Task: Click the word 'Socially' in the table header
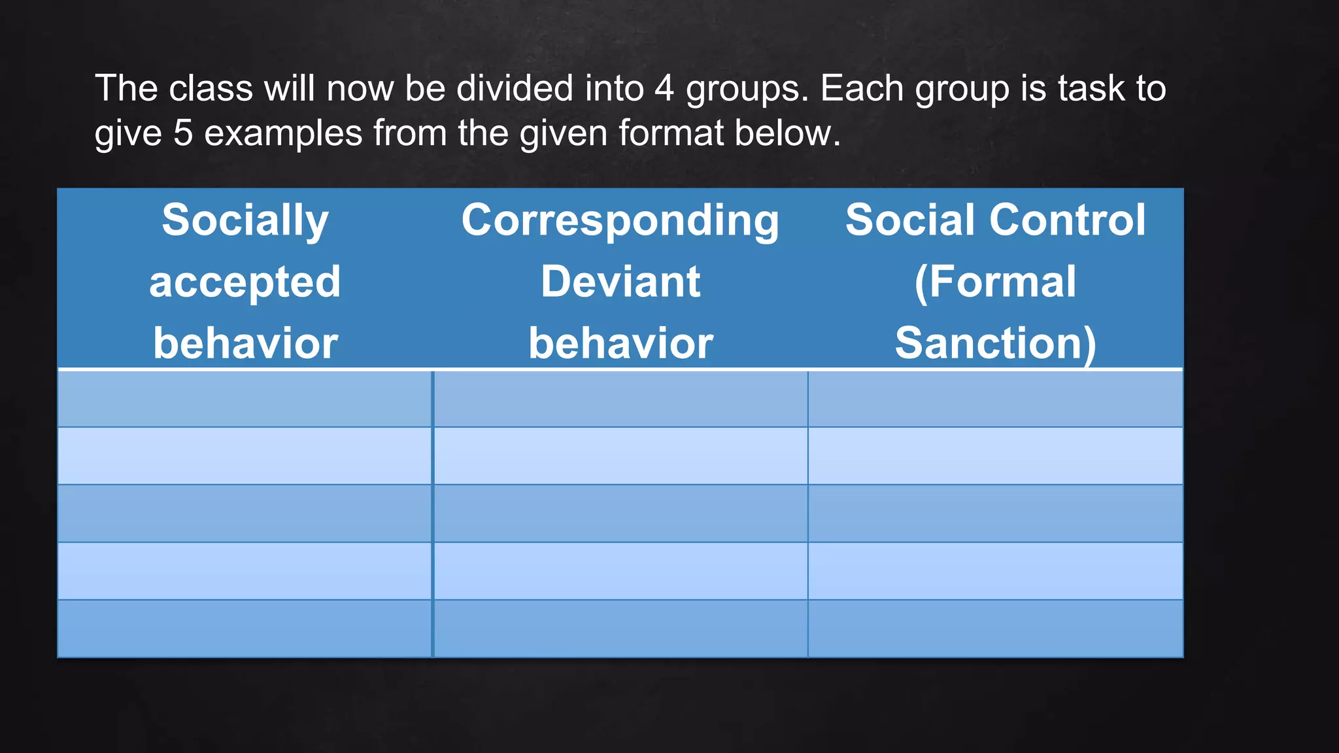(x=245, y=220)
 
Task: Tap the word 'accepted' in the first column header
(x=245, y=282)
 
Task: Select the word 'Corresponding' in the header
(x=620, y=220)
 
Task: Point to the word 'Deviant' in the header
(x=620, y=282)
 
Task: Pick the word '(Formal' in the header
(x=995, y=282)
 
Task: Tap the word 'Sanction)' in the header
(x=995, y=343)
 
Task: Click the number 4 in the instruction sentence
(x=664, y=88)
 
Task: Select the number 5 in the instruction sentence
(x=183, y=133)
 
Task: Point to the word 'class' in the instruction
(x=211, y=88)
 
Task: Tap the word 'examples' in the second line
(x=283, y=134)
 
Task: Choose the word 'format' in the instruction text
(x=671, y=133)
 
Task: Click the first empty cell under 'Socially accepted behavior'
(x=245, y=399)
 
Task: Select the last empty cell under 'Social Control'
(x=995, y=629)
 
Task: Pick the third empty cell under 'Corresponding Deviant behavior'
(x=620, y=514)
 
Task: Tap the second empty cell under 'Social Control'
(x=995, y=456)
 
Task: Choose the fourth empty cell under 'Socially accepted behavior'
(x=245, y=571)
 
